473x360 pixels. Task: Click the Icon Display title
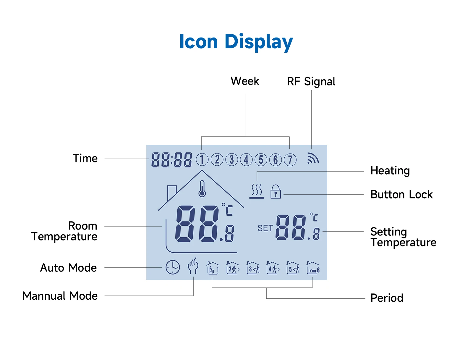pyautogui.click(x=236, y=42)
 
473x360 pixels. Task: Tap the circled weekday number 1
pyautogui.click(x=202, y=160)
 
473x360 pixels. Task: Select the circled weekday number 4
pyautogui.click(x=246, y=160)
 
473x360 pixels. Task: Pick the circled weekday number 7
pyautogui.click(x=290, y=160)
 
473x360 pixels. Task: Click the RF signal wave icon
pyautogui.click(x=313, y=158)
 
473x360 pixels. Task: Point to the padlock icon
pyautogui.click(x=276, y=192)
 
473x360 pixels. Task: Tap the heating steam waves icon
pyautogui.click(x=257, y=191)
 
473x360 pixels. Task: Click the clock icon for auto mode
pyautogui.click(x=173, y=267)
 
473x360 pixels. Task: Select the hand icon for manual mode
pyautogui.click(x=193, y=266)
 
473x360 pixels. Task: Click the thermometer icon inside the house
pyautogui.click(x=202, y=189)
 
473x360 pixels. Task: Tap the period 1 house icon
pyautogui.click(x=213, y=268)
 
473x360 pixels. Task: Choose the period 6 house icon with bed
pyautogui.click(x=313, y=268)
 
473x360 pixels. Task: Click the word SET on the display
pyautogui.click(x=265, y=228)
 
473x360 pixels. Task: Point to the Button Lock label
pyautogui.click(x=401, y=195)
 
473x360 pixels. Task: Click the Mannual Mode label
pyautogui.click(x=60, y=296)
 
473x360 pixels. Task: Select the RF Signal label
pyautogui.click(x=311, y=82)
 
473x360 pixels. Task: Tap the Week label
pyautogui.click(x=245, y=81)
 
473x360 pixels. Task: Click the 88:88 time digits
pyautogui.click(x=171, y=160)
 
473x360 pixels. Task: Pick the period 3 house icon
pyautogui.click(x=253, y=268)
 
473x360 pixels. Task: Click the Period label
pyautogui.click(x=387, y=298)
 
